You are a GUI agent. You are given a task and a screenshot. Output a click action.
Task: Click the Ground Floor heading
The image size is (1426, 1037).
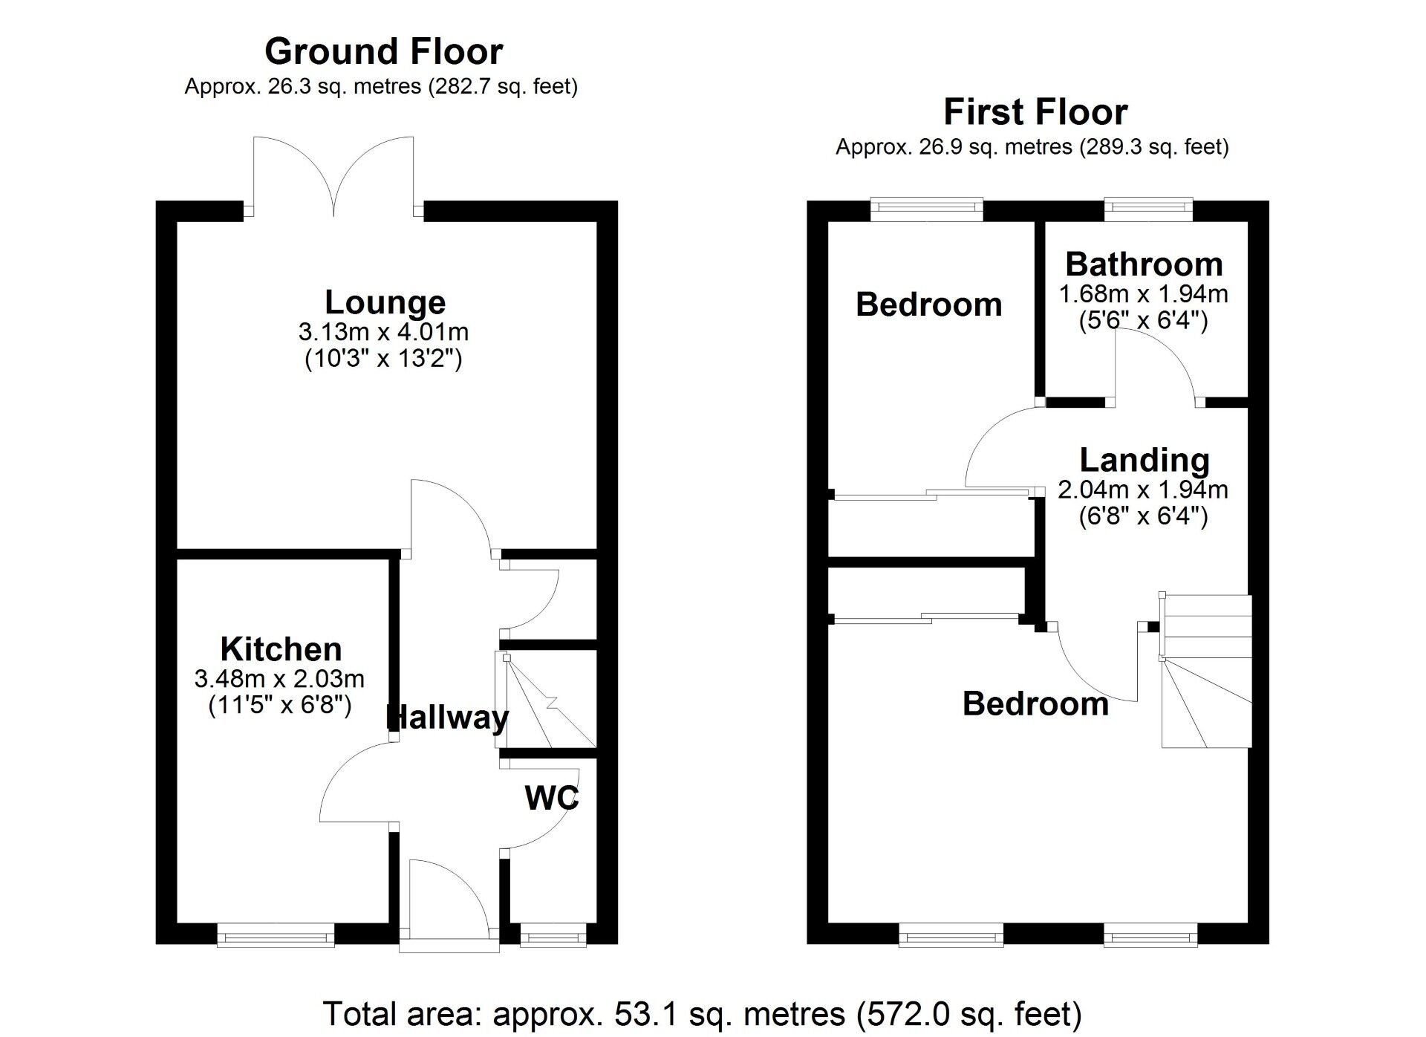[x=383, y=52]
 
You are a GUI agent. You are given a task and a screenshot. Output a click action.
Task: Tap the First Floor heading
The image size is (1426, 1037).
[x=1035, y=113]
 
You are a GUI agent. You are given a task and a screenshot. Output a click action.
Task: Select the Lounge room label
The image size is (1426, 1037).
[x=385, y=302]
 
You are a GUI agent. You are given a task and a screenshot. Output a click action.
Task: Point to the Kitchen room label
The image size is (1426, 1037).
[x=281, y=649]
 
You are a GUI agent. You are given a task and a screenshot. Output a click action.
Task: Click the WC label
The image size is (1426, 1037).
[x=551, y=798]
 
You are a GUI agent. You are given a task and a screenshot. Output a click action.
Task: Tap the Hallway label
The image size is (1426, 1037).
[x=448, y=718]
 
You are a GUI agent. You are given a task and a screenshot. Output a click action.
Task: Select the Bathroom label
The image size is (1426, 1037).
[x=1144, y=264]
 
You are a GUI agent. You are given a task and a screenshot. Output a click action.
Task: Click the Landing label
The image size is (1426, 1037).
[x=1144, y=460]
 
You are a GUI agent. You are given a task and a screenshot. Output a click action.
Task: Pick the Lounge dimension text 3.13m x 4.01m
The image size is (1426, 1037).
[x=383, y=331]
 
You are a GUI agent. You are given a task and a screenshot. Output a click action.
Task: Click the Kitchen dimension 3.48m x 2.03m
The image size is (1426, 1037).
[x=279, y=678]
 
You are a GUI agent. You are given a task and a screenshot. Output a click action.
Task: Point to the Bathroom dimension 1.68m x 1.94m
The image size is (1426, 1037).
[x=1143, y=294]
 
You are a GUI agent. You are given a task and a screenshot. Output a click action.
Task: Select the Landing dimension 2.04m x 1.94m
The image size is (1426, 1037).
[x=1142, y=490]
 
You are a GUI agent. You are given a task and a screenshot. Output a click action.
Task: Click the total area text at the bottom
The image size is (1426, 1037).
[x=702, y=1013]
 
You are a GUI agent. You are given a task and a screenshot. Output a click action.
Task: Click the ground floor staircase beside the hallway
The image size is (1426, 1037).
[x=548, y=700]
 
